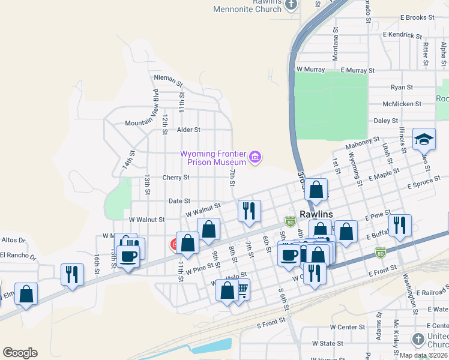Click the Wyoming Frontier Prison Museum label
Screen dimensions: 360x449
214,157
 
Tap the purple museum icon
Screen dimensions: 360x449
256,158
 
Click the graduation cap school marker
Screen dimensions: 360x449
424,139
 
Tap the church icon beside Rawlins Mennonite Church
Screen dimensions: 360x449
291,5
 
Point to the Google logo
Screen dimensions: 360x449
20,352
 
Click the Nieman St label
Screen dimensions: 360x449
167,78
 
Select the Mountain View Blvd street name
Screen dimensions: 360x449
155,106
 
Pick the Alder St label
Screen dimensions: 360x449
188,129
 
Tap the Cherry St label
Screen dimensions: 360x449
176,178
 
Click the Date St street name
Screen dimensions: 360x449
179,201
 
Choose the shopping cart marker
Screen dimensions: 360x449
241,290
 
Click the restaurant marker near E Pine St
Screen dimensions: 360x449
399,226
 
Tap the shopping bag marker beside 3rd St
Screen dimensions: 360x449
316,190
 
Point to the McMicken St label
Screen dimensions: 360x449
402,104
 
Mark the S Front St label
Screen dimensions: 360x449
274,325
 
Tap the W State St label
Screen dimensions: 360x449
328,344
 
